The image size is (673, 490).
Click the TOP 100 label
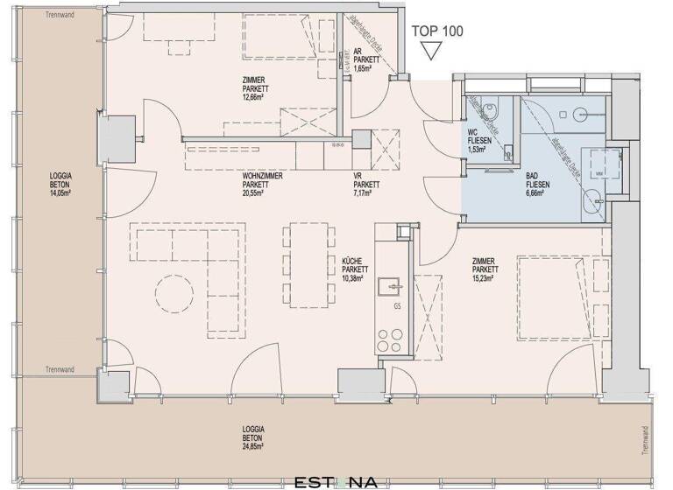436,31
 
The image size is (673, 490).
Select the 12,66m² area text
255,98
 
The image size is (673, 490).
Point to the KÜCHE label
354,260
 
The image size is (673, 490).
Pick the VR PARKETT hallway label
365,185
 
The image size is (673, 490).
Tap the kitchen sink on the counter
390,286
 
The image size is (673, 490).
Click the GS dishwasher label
397,307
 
